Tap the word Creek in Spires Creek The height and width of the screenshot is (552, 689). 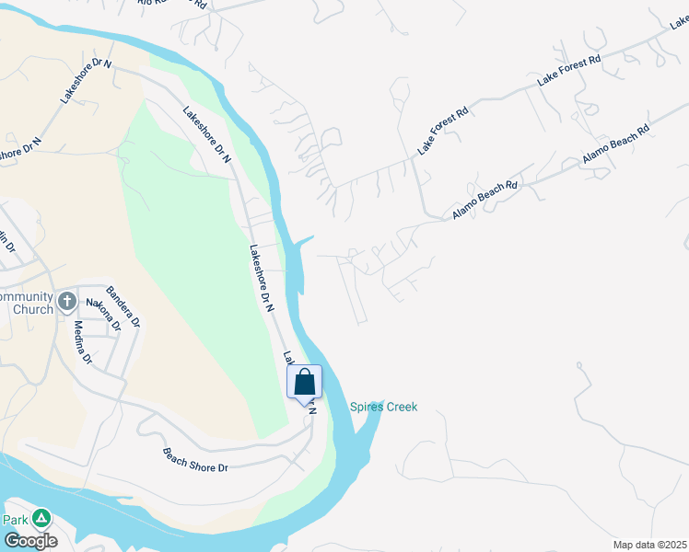point(401,408)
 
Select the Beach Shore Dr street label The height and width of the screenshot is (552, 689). point(195,461)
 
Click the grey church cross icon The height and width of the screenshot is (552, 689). point(66,301)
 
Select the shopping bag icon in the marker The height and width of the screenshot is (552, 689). point(305,381)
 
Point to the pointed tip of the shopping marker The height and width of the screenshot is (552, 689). point(305,406)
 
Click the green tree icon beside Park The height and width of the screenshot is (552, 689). point(41,519)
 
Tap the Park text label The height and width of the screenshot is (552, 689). point(15,520)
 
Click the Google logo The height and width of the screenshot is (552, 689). point(29,541)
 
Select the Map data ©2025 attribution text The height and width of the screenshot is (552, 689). point(649,545)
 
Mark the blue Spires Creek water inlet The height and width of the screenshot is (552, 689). point(366,432)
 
